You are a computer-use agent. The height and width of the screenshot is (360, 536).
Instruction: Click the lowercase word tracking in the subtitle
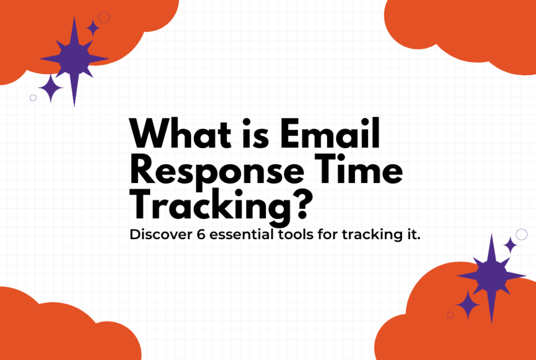click(x=366, y=235)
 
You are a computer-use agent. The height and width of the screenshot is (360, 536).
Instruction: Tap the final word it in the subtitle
click(x=414, y=234)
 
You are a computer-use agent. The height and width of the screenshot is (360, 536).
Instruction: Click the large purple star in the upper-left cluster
click(x=74, y=59)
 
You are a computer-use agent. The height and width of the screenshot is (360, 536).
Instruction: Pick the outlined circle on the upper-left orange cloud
click(x=104, y=17)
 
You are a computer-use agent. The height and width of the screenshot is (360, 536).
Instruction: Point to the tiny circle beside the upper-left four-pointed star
click(x=33, y=98)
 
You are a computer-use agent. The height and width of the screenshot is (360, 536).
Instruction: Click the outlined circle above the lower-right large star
click(x=521, y=234)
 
